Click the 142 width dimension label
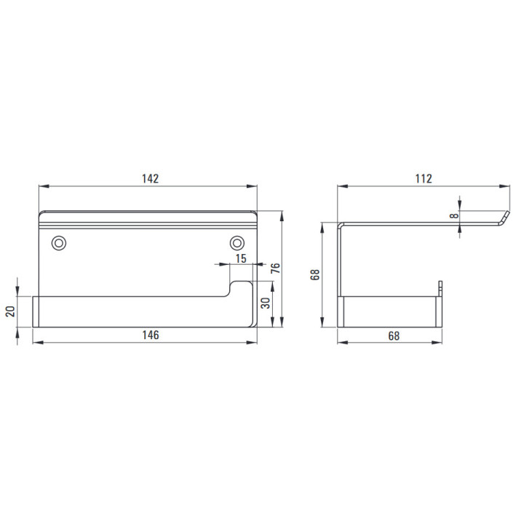[150, 179]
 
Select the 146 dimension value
[151, 335]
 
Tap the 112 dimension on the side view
[424, 179]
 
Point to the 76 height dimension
[275, 269]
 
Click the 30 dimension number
[266, 303]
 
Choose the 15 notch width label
[241, 258]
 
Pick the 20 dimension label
[10, 311]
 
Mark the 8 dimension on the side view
[454, 215]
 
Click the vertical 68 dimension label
[315, 274]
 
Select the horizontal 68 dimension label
[394, 336]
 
